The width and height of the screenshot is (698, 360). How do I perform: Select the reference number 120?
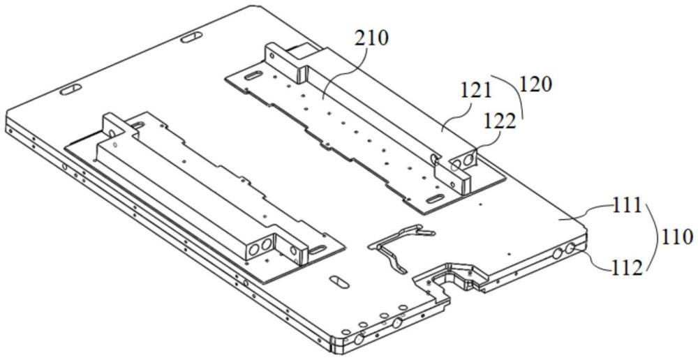coord(535,84)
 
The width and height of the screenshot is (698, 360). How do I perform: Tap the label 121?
coord(475,92)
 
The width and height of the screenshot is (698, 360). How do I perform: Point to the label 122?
coord(500,121)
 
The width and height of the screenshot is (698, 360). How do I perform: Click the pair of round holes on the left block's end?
coord(260,248)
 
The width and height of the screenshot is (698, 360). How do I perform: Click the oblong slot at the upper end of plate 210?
coord(253,75)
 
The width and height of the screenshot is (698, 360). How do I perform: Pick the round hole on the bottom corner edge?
coord(357,340)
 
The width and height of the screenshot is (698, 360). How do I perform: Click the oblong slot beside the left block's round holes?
coord(317,250)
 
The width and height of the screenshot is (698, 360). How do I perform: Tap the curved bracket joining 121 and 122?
coord(511,94)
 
